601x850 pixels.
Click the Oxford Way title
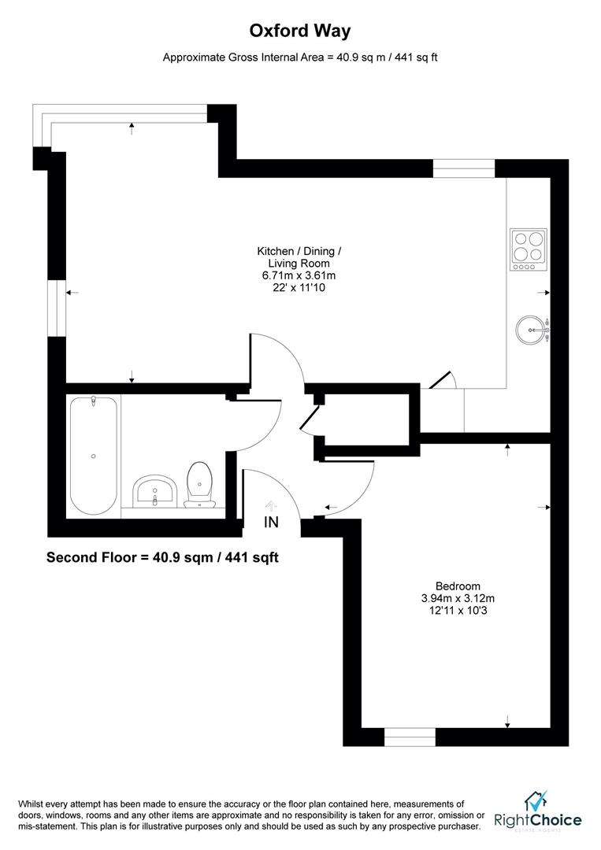coord(300,31)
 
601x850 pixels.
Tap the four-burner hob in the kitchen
coord(529,249)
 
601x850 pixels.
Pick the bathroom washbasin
coord(154,492)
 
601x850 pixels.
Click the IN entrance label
coord(271,522)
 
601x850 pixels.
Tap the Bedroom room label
coord(458,586)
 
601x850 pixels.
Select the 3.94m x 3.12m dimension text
coord(458,598)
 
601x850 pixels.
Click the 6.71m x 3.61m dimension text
coord(299,275)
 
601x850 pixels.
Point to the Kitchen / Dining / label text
coord(299,251)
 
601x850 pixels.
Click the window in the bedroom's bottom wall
coord(410,737)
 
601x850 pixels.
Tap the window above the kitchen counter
coord(463,168)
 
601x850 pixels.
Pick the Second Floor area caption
coord(162,557)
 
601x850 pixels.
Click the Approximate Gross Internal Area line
coord(300,57)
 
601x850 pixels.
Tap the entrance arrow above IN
coord(271,505)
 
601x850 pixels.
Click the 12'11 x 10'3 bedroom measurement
coord(458,611)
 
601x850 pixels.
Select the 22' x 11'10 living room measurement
coord(299,288)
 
